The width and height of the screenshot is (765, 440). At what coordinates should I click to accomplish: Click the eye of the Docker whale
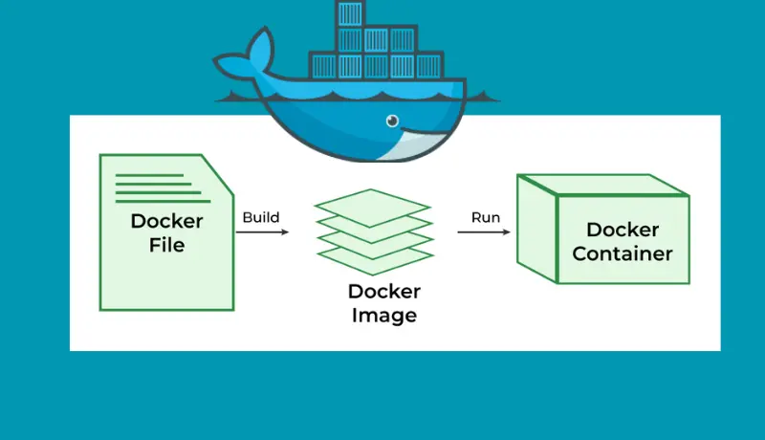point(392,121)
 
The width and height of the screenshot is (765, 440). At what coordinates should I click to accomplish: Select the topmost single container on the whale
point(350,14)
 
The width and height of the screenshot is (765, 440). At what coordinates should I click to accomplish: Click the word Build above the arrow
point(260,217)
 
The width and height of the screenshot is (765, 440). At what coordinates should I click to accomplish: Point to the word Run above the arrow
point(485,217)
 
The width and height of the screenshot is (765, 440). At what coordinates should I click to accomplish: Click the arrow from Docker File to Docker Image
point(263,232)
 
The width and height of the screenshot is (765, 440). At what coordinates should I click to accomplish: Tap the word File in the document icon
point(166,245)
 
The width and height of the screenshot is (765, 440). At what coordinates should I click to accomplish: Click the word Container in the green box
point(623,253)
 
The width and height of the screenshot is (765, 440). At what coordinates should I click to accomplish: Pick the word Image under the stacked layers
point(383,315)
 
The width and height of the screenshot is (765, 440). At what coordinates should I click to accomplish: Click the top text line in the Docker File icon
point(149,175)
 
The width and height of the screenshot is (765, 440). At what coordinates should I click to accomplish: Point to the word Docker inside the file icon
point(166,222)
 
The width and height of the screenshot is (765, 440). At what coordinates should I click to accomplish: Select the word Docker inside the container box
point(623,230)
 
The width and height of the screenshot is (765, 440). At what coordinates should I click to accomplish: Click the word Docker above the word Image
point(383,292)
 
